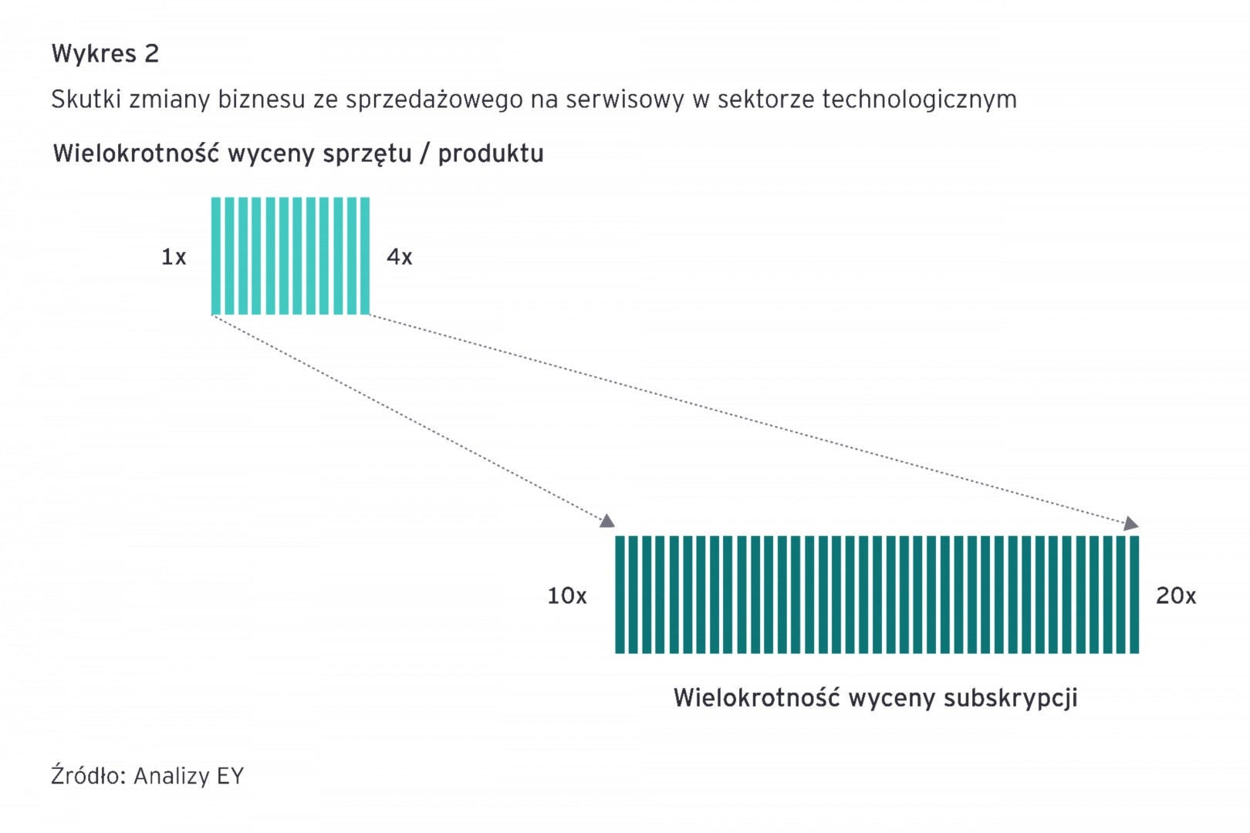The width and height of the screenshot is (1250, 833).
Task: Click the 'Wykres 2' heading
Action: pos(105,54)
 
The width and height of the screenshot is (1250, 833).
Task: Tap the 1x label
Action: pos(174,257)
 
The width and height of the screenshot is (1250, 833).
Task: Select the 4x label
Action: pos(400,257)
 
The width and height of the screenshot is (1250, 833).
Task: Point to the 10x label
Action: pos(567,596)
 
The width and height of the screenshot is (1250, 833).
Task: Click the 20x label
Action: pos(1176,596)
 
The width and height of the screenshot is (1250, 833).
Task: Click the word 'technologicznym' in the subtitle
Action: pos(919,100)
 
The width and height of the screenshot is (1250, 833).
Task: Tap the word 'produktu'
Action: pos(491,154)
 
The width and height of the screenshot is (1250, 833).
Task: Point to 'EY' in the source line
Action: pos(230,776)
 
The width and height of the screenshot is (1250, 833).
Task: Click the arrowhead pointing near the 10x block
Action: pos(607,521)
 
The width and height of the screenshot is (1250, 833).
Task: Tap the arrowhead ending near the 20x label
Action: pos(1131,524)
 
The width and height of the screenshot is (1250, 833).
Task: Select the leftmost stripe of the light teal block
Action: pos(216,256)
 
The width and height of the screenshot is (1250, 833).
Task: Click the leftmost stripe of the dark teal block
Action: pos(620,595)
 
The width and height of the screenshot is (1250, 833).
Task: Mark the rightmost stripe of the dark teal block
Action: pos(1134,595)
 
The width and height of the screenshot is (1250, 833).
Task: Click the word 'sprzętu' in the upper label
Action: pos(367,154)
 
